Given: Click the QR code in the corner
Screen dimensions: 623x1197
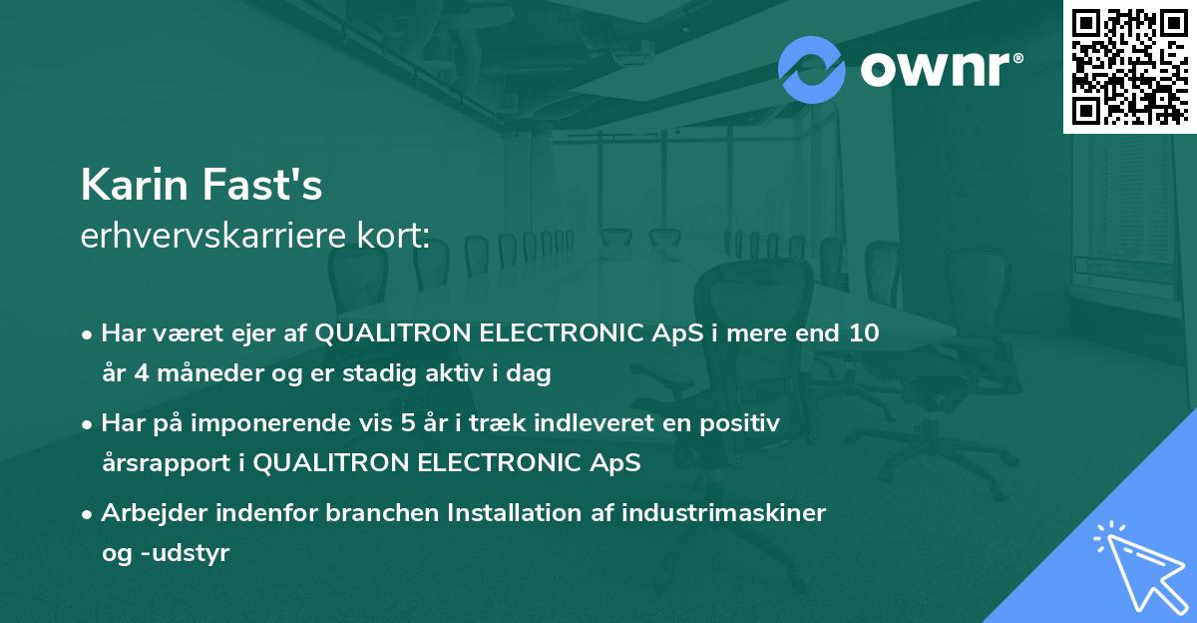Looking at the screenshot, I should pos(1129,66).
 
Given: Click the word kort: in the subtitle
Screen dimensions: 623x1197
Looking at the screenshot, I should pos(397,238).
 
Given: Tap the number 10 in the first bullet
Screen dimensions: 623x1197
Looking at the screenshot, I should pos(864,333).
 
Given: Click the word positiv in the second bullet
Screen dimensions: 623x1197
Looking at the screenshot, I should pos(743,423).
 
